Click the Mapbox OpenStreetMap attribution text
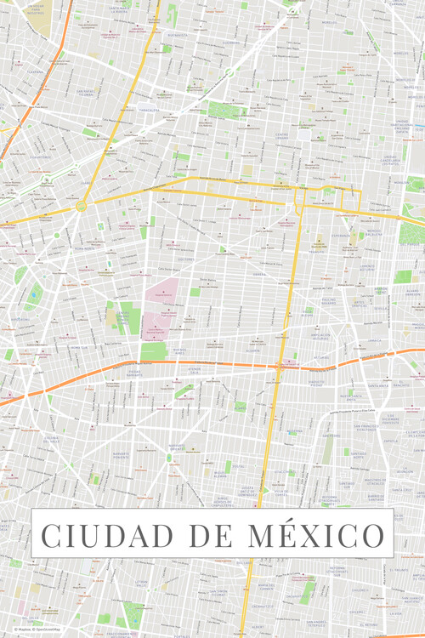click(x=34, y=630)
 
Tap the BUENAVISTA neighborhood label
click(x=178, y=35)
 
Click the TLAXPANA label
click(x=35, y=72)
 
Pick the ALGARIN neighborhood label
click(x=252, y=350)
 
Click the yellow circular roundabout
click(x=81, y=206)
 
